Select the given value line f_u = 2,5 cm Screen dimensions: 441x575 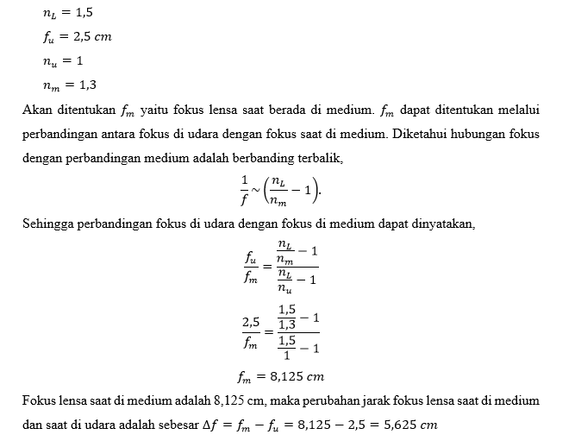pos(78,38)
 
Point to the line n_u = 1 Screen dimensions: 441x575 pos(66,61)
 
